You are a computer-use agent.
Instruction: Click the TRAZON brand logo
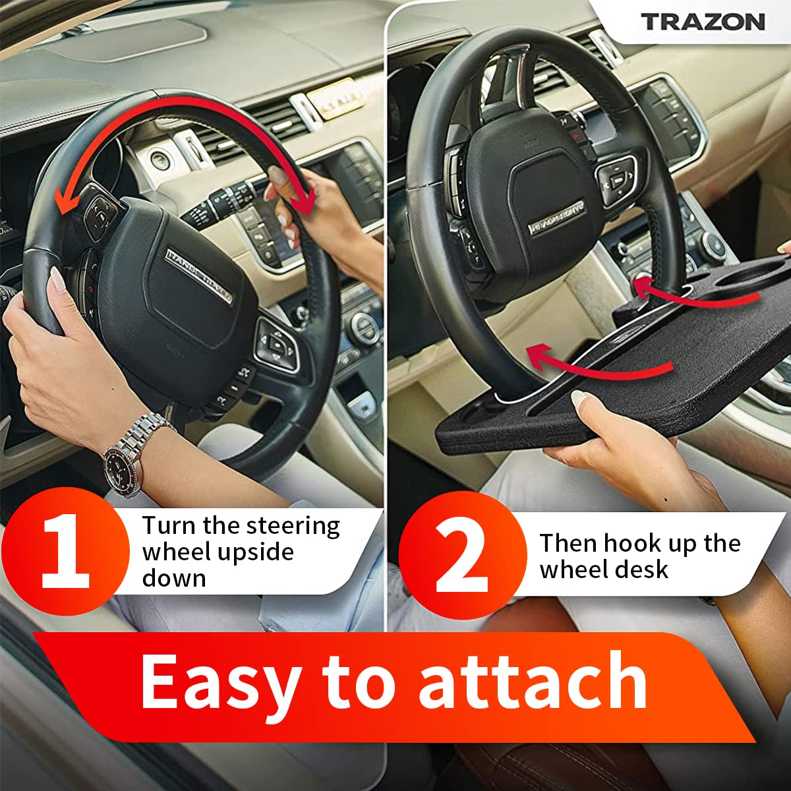[703, 21]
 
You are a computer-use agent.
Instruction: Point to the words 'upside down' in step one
[218, 565]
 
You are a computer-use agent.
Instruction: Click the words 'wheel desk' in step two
[604, 570]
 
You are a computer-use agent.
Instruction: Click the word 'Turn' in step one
[169, 527]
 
